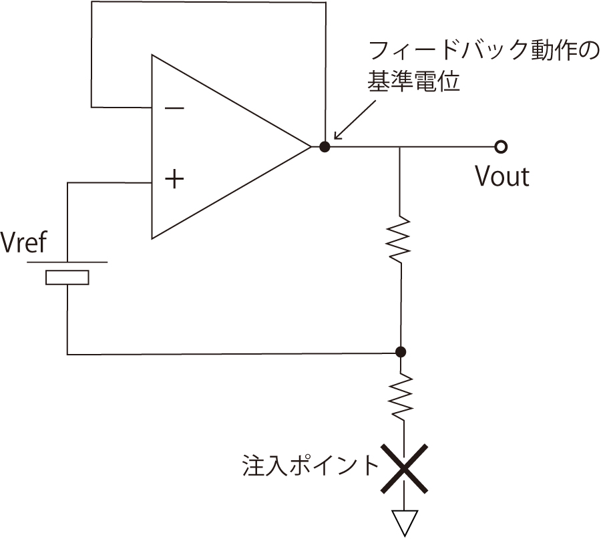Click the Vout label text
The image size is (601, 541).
click(x=502, y=176)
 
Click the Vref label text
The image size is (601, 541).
click(x=23, y=243)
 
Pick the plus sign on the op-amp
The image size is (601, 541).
click(x=174, y=180)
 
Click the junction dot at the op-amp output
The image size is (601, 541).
click(x=325, y=146)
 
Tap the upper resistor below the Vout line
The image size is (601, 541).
click(x=401, y=238)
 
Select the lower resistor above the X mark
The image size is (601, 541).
click(x=401, y=397)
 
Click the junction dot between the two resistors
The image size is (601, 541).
click(x=401, y=352)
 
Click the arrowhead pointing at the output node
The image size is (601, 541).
click(x=337, y=136)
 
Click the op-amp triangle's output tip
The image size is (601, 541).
click(x=311, y=146)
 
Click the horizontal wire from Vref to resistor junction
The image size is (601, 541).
click(x=234, y=353)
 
